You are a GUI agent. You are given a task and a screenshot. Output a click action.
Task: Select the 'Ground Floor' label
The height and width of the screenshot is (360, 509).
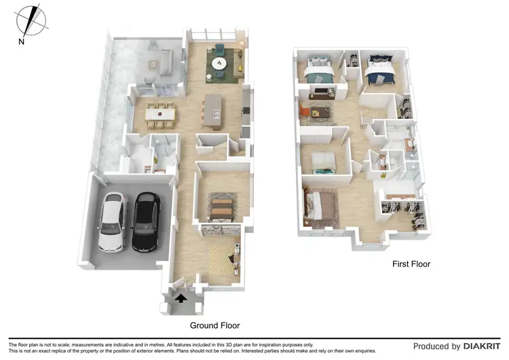point(214,325)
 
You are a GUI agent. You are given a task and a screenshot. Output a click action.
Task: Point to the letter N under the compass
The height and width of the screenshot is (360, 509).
point(22,42)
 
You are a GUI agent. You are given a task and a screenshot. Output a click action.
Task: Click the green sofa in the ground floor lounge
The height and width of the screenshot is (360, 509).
point(221,49)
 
